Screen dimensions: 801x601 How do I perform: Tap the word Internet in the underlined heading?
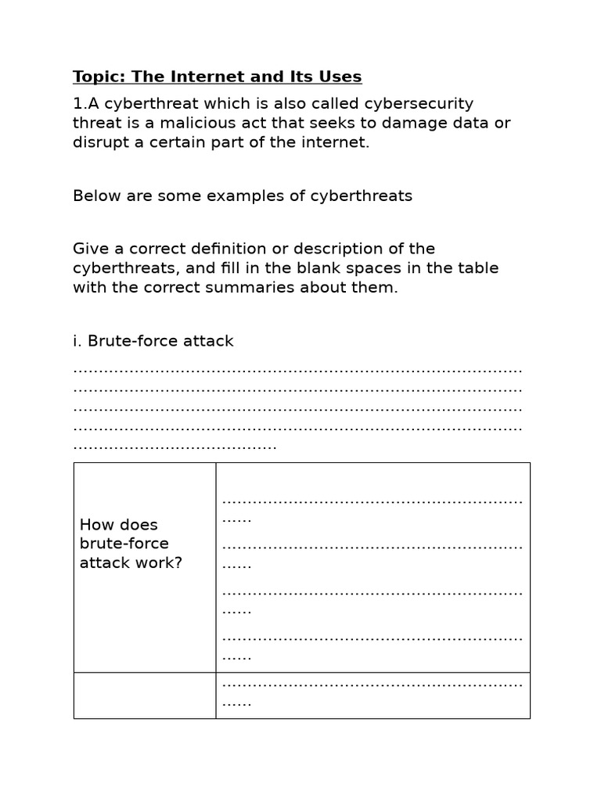pos(198,77)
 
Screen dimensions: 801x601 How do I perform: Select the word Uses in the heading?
pos(340,77)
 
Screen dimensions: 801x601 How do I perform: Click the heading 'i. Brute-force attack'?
pos(153,341)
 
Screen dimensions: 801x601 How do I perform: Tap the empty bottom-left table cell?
pos(145,695)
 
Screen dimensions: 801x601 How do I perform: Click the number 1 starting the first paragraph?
pos(77,104)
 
